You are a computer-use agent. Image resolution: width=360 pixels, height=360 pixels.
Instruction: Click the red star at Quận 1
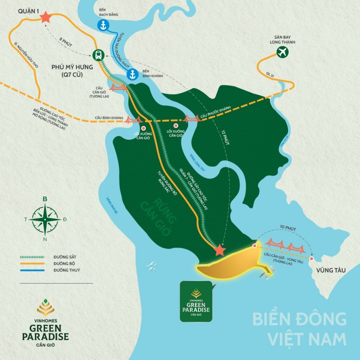(x=45, y=18)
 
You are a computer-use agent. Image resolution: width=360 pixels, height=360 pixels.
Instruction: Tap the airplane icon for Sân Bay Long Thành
(x=283, y=52)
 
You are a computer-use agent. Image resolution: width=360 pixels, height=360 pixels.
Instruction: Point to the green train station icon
(x=98, y=55)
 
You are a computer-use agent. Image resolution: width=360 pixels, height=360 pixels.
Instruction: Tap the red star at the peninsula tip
(x=220, y=250)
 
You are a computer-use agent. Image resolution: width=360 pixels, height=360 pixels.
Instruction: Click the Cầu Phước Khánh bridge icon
(x=191, y=119)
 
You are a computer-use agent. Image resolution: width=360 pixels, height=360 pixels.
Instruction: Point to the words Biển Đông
(x=299, y=320)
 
